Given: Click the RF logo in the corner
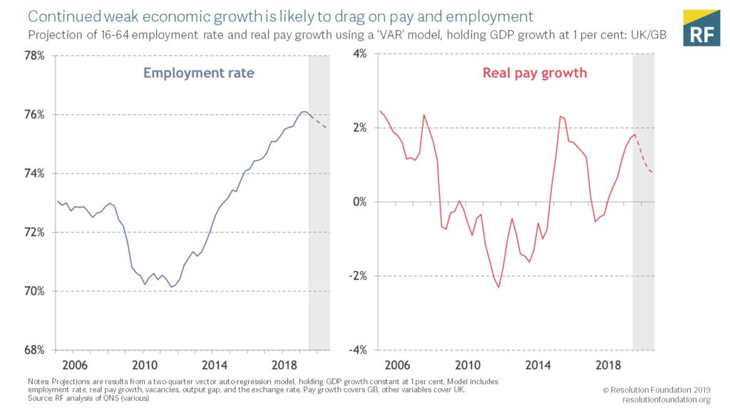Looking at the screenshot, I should pyautogui.click(x=701, y=29).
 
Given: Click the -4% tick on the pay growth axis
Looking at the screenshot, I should pyautogui.click(x=356, y=350).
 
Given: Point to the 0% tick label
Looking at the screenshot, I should pyautogui.click(x=359, y=203).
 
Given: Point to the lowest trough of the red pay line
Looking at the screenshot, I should pyautogui.click(x=498, y=287).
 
